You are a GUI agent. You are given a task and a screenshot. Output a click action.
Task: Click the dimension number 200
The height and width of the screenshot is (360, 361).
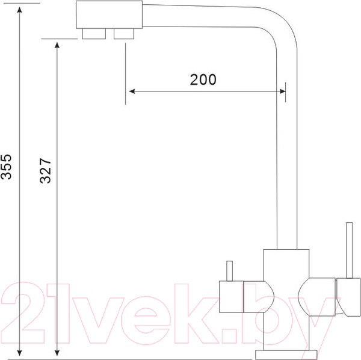[x=203, y=79]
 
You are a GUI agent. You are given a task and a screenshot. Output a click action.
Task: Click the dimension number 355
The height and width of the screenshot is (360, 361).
[x=6, y=167]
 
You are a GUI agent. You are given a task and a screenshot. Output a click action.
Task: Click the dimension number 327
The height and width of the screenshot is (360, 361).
[x=45, y=171]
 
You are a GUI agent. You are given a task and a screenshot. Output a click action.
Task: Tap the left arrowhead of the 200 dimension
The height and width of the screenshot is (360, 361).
[x=132, y=92]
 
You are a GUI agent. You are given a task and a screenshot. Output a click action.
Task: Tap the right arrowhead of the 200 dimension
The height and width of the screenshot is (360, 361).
[x=283, y=92]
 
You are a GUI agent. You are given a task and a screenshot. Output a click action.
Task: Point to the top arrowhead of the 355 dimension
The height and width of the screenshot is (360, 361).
[x=20, y=10]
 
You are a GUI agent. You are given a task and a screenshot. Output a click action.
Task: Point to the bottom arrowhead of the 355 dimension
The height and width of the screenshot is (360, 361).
[x=20, y=353]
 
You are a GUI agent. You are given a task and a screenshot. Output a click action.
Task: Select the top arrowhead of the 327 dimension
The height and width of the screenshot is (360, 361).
[x=57, y=45]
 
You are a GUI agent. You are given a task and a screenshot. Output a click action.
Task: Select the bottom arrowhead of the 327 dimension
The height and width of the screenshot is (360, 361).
[x=57, y=353]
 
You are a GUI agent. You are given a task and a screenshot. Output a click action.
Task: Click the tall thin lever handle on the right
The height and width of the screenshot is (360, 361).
[x=349, y=250]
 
